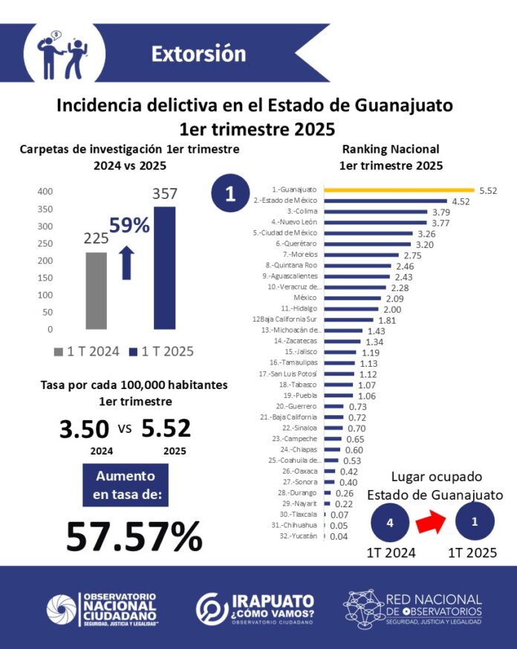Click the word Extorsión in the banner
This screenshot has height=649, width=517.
[x=198, y=54]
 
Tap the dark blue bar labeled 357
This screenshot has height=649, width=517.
[x=165, y=267]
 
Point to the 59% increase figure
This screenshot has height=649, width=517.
[x=129, y=225]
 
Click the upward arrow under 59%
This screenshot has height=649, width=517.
[x=126, y=263]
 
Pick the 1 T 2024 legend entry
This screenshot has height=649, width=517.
[x=88, y=352]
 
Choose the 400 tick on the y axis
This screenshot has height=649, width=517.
[x=45, y=192]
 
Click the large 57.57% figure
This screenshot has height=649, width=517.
[x=134, y=535]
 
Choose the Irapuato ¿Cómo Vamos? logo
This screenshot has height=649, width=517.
[x=255, y=608]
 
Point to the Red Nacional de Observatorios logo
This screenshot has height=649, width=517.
[x=413, y=608]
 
